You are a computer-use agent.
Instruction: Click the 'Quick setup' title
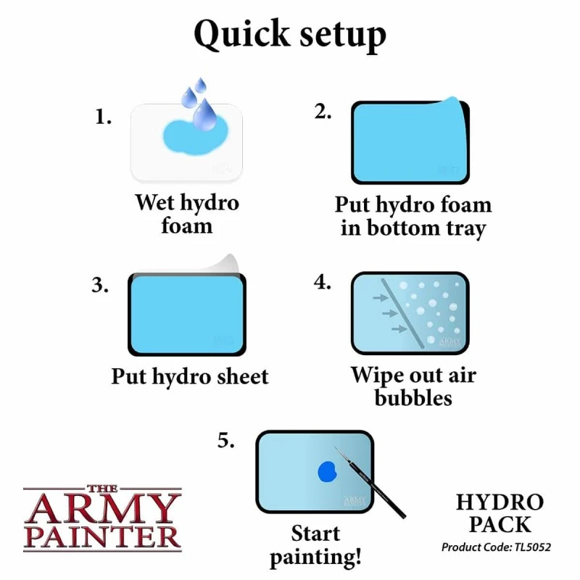pos(290,34)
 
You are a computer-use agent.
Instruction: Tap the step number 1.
pos(103,117)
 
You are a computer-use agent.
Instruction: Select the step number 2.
pos(323,112)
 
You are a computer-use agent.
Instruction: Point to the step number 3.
pos(100,285)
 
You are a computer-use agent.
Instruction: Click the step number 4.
pos(322,282)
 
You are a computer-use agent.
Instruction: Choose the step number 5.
pos(225,440)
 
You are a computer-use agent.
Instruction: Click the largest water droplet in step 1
pos(204,115)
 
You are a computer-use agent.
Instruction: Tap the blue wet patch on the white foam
pos(195,136)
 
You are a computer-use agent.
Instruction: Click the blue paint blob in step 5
pos(328,472)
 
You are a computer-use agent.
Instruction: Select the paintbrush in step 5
pos(370,482)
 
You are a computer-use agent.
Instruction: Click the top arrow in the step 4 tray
pos(380,297)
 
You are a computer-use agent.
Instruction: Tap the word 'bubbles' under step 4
pos(413,398)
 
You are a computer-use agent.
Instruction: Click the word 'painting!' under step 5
pos(315,557)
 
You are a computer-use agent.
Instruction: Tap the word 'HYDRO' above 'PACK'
pos(500,502)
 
